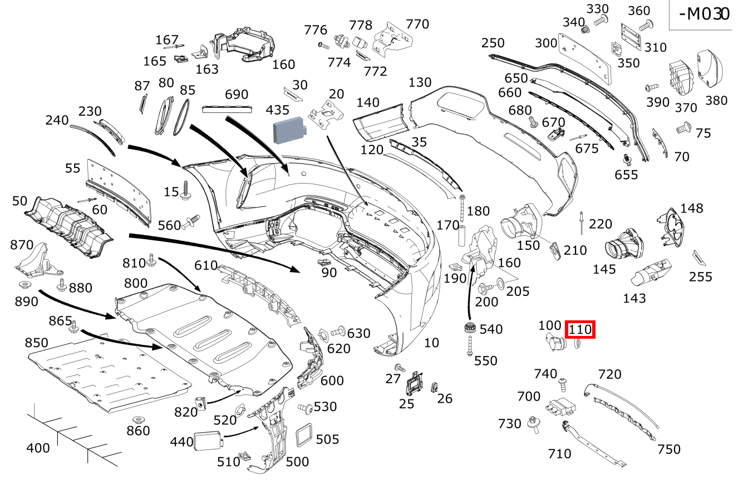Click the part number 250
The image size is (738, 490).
point(493,43)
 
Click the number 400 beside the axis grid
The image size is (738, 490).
point(38,448)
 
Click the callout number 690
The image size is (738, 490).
point(237,95)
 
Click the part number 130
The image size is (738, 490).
point(420,82)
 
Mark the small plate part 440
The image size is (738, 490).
point(208,441)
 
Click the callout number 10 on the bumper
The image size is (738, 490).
point(431,343)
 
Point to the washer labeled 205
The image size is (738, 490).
point(499,285)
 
